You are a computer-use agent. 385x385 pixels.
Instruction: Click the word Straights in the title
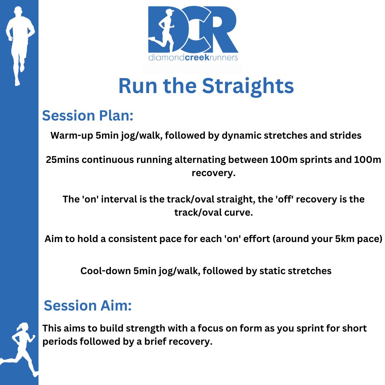pyautogui.click(x=248, y=86)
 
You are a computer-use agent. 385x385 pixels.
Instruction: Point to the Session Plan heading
pyautogui.click(x=88, y=115)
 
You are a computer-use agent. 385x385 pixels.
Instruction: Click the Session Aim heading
pyautogui.click(x=88, y=306)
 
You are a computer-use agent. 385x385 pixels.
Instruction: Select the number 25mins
pyautogui.click(x=62, y=160)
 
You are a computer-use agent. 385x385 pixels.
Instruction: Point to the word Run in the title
pyautogui.click(x=138, y=86)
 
